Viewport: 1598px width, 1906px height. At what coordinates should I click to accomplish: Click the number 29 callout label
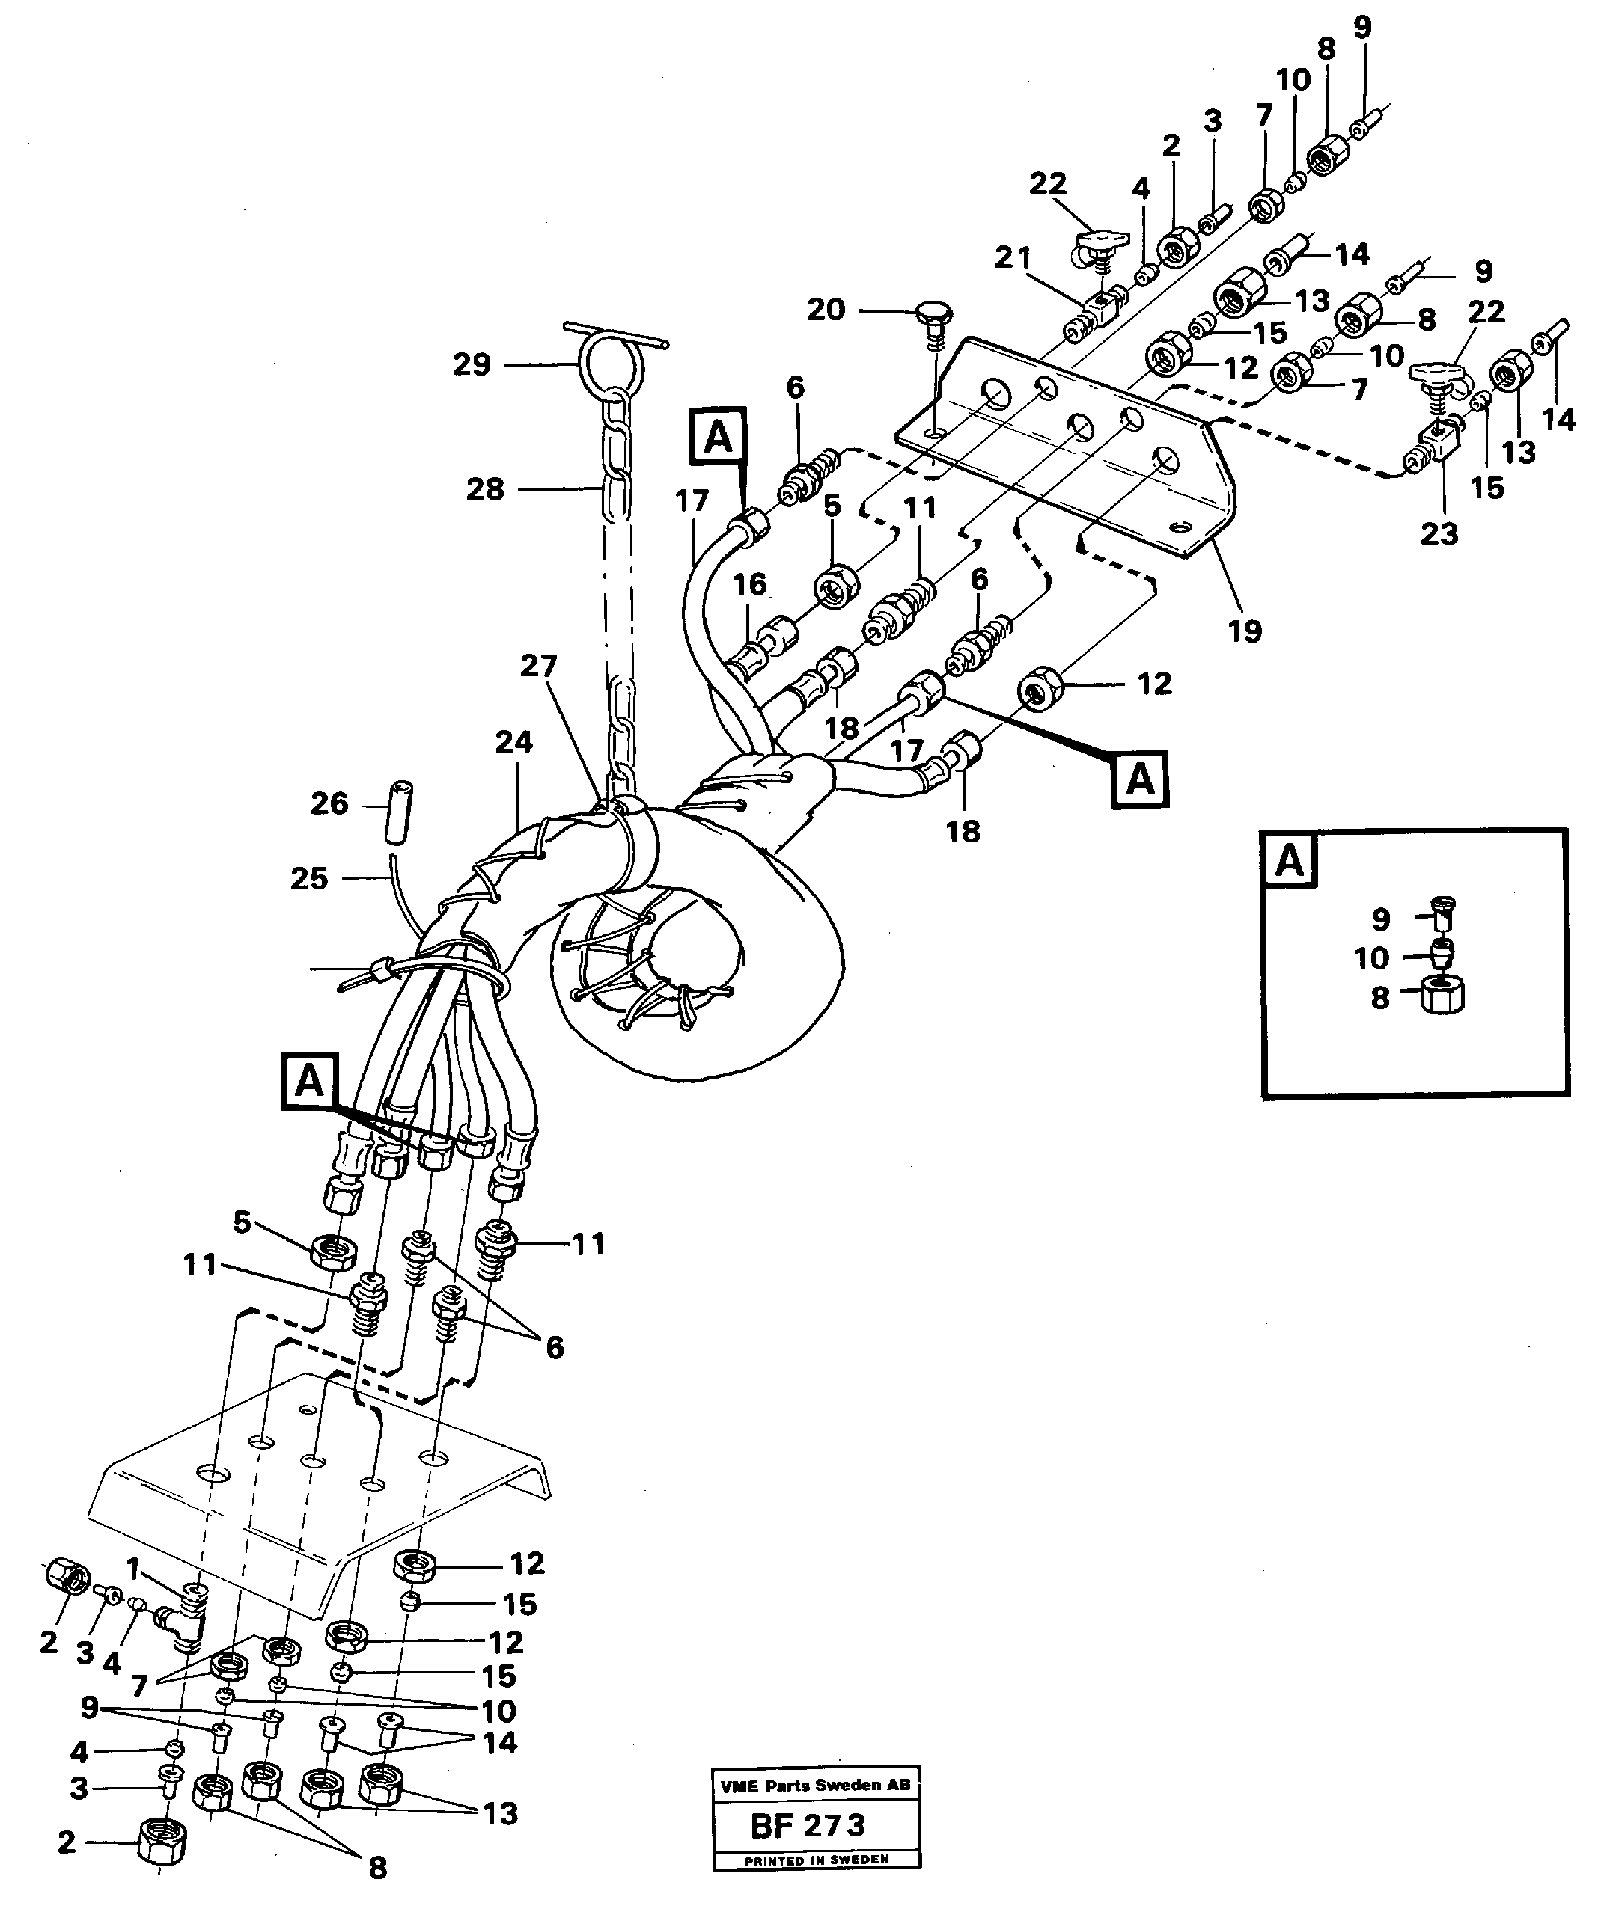[x=472, y=365]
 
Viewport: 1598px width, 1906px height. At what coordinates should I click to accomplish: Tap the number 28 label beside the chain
[x=485, y=490]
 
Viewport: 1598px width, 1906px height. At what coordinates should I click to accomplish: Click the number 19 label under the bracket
[x=1245, y=630]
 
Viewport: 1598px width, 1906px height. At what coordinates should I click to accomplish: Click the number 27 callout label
[x=538, y=667]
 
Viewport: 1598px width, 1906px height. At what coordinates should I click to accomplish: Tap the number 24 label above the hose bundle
[x=514, y=743]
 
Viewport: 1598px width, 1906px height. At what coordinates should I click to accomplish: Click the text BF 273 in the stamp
[x=808, y=1825]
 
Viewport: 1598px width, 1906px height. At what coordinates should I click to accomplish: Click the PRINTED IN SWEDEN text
[x=817, y=1860]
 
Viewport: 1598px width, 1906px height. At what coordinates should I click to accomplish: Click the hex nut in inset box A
[x=1442, y=996]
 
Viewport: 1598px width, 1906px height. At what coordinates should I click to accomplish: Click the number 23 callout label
[x=1439, y=533]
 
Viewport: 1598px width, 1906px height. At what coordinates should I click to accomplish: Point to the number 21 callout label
[x=1013, y=259]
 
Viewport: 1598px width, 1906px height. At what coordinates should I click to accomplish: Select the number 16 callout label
[x=750, y=584]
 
